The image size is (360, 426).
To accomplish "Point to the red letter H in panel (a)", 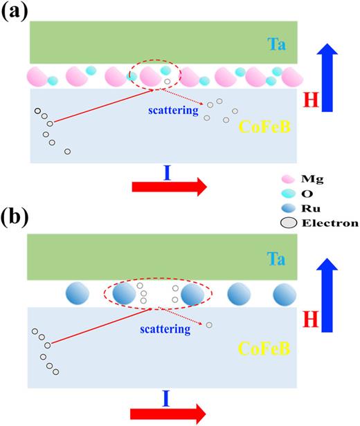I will coord(316,102).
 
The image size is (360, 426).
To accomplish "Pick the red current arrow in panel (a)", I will coord(169,186).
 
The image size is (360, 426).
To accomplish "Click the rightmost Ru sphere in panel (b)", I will coord(285,295).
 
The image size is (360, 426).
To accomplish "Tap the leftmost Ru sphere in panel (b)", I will coord(76,295).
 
